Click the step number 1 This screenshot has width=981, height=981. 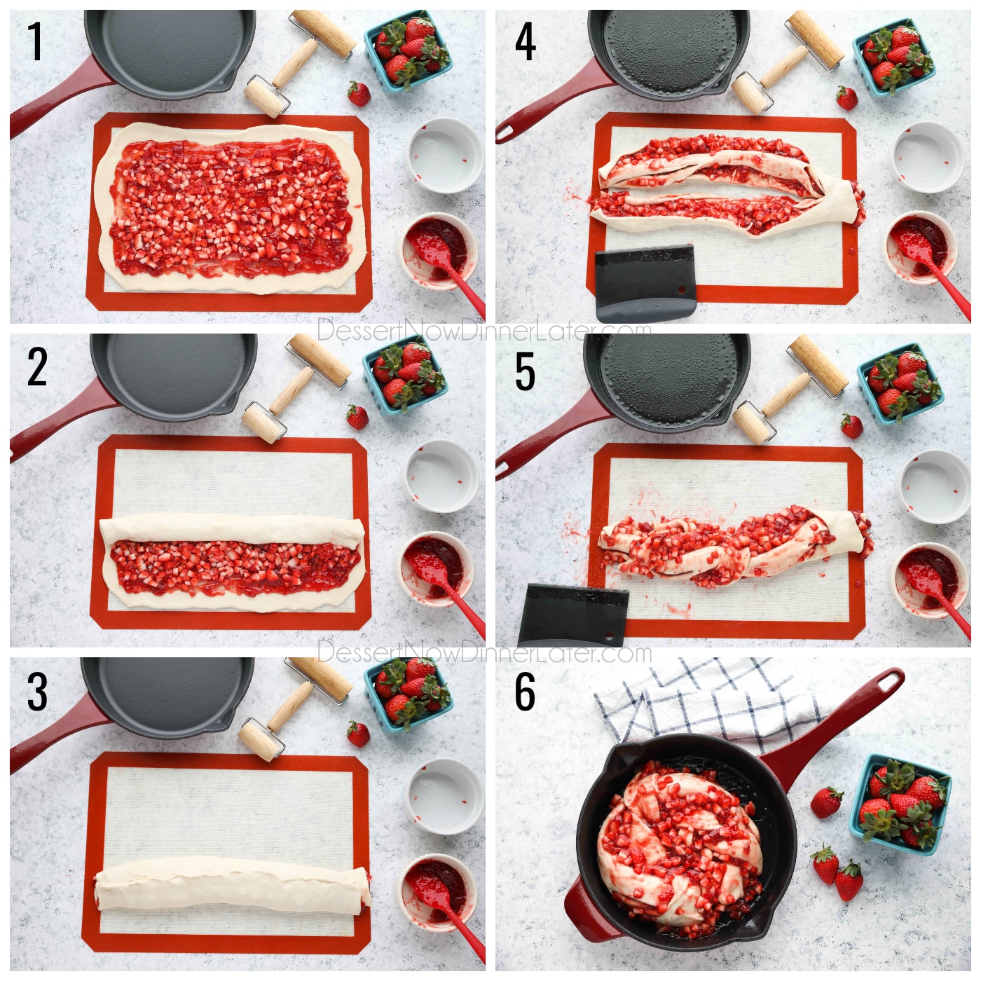(35, 42)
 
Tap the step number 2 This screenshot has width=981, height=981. (36, 367)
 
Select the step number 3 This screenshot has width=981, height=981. (36, 691)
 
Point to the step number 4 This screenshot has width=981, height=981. (525, 42)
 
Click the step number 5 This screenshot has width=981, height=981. (525, 371)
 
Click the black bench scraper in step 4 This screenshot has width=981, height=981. (643, 280)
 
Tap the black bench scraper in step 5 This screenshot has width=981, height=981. (575, 612)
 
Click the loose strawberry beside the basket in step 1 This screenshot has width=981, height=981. (359, 93)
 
